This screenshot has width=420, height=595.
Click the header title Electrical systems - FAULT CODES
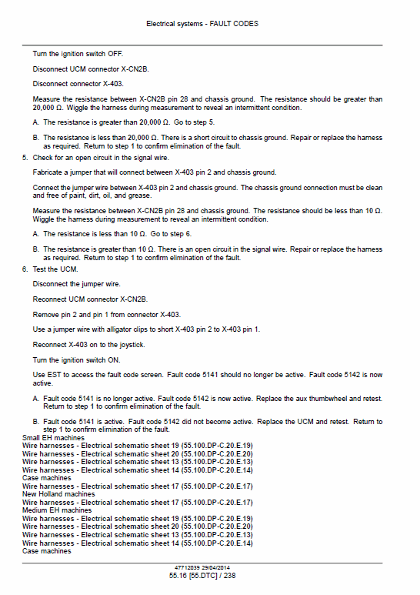(x=202, y=24)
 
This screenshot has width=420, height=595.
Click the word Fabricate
(x=48, y=172)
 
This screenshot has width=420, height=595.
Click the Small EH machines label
(x=54, y=437)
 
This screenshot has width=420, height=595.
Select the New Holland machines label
(x=58, y=494)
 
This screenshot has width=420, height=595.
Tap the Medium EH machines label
(x=57, y=510)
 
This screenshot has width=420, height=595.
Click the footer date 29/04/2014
(x=218, y=567)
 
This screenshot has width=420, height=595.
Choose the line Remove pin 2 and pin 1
(x=106, y=315)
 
